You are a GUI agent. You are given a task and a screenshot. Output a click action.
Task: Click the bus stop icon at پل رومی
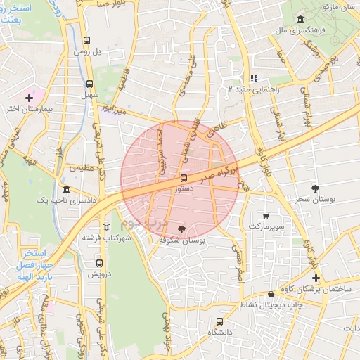tap(86, 41)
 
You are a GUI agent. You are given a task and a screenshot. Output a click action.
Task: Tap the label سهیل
tap(89, 93)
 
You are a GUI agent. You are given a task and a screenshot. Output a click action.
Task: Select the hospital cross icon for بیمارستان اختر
tap(29, 97)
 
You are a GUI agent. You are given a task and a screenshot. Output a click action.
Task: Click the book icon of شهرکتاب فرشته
tap(106, 227)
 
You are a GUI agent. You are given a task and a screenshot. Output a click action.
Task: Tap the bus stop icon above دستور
tap(184, 179)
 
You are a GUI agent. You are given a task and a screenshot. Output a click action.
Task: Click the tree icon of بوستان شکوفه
tap(182, 229)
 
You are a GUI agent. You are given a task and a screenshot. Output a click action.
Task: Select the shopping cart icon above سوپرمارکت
tap(265, 216)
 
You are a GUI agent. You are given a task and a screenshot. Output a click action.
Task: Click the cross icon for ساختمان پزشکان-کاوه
tap(316, 278)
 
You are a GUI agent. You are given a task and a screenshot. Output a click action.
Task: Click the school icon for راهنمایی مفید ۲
tap(254, 78)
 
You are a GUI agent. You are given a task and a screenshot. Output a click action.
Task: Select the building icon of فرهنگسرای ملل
tap(301, 19)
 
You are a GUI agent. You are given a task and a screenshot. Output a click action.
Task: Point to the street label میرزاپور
tap(111, 111)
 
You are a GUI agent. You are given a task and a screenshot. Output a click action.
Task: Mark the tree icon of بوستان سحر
tap(314, 188)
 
